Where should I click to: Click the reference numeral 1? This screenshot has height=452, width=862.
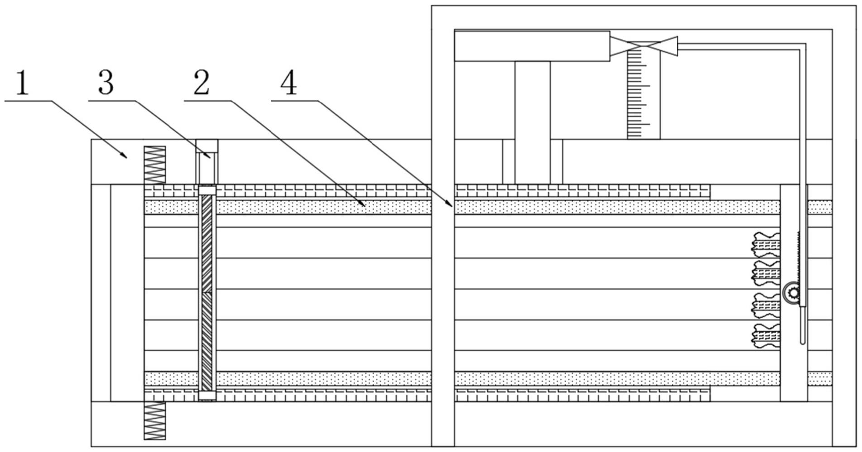[x=22, y=83]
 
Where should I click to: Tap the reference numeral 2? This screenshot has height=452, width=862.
[x=201, y=83]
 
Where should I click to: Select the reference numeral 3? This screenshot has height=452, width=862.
[x=106, y=83]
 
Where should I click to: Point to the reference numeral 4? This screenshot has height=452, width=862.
[x=289, y=83]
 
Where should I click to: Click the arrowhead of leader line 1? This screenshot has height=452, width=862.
[x=125, y=157]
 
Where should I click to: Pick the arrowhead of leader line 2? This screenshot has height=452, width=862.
[x=364, y=206]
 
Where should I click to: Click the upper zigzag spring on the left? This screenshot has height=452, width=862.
[x=154, y=165]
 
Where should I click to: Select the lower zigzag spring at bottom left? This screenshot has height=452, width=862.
[x=154, y=420]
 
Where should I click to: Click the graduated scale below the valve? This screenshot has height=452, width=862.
[x=643, y=95]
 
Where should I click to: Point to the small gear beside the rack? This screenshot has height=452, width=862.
[x=793, y=292]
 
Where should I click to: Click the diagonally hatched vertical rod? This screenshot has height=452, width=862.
[x=207, y=292]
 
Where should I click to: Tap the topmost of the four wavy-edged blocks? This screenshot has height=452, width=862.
[x=766, y=245]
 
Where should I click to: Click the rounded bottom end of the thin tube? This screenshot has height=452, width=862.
[x=803, y=341]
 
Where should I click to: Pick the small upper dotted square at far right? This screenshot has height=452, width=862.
[x=820, y=207]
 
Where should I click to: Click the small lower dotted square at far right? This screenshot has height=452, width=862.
[x=820, y=379]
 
